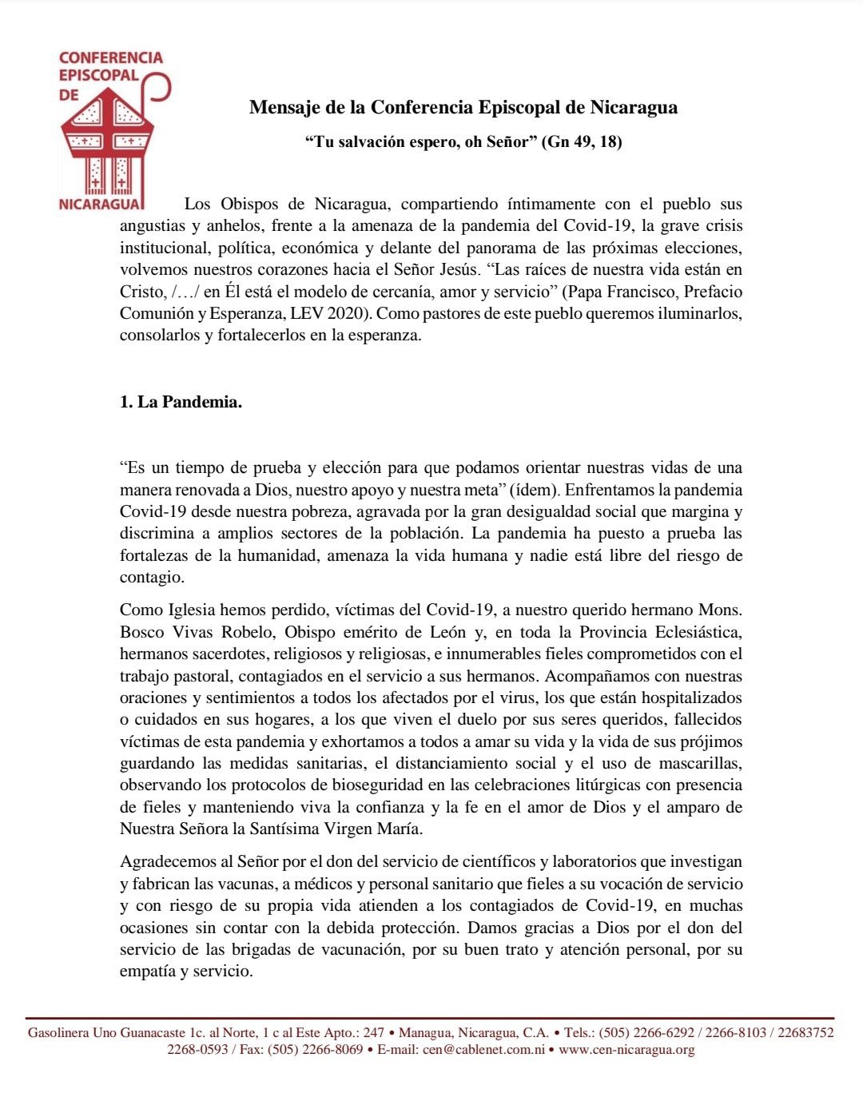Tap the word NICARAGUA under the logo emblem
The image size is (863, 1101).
point(101,204)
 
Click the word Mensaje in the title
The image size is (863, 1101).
point(284,107)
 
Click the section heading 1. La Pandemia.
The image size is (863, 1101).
point(181,402)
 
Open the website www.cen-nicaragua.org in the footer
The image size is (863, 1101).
point(626,1049)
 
